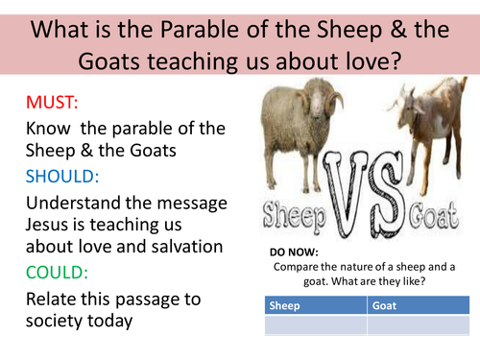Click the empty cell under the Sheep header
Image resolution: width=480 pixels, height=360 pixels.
pos(314,325)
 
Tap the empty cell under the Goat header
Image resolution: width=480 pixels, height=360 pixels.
pos(419,325)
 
